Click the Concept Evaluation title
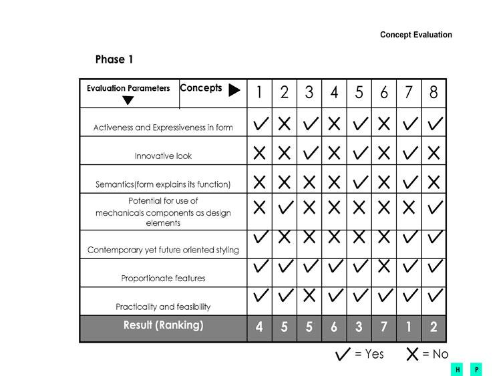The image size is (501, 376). coord(415,35)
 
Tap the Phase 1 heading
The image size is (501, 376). coord(114,59)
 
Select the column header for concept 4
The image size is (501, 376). coord(334,93)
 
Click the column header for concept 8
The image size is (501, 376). coord(434,93)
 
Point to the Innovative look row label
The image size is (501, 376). coord(163,156)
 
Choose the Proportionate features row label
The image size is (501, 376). coord(163,278)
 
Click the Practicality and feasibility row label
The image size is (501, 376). coord(163,307)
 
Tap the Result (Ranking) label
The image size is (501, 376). coord(163,326)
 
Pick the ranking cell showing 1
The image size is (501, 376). coord(409,329)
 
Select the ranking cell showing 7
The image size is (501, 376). coord(384,329)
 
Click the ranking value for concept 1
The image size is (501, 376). coord(259,329)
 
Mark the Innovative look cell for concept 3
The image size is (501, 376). coord(309,153)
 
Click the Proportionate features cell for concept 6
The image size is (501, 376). coord(384,266)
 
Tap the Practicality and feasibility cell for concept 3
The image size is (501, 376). coord(309,295)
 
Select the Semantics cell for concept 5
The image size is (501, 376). coord(359,181)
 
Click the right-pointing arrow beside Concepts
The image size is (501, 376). coord(234,90)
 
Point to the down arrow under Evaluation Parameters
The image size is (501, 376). coord(128,101)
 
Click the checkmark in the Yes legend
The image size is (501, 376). coord(343,355)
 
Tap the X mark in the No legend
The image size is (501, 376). coord(413,355)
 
